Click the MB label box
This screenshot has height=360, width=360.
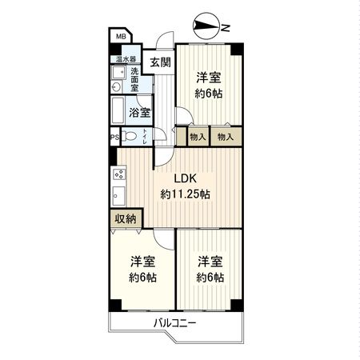pos(120,37)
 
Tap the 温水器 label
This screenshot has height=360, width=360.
pos(125,59)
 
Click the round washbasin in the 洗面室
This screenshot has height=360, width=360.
pos(117,87)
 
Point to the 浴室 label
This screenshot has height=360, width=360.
pos(142,113)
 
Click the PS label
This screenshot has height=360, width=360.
pos(114,136)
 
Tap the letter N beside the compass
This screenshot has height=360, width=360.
pos(226,29)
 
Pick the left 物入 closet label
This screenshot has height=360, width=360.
pos(198,137)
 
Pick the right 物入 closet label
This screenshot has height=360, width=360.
pos(226,137)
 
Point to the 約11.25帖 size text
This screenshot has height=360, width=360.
pos(185,194)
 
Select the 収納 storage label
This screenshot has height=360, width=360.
pos(124,218)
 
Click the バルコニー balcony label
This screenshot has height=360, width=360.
pos(175,323)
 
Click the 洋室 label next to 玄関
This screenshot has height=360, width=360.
pos(209,78)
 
